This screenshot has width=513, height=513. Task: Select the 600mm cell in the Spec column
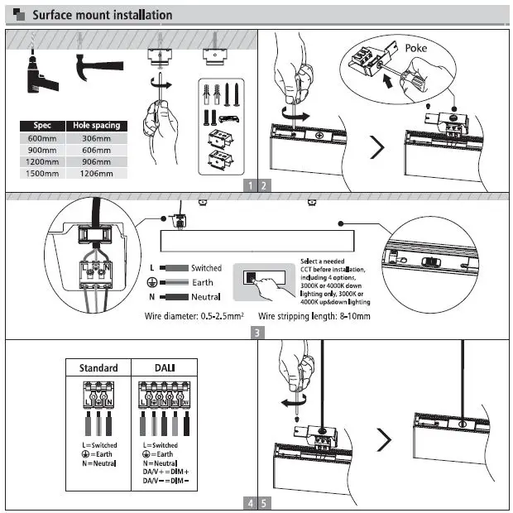(x=41, y=138)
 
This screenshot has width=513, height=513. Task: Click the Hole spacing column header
(x=97, y=126)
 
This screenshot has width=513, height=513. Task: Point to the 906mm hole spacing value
(x=97, y=162)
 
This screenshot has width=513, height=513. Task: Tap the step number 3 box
(x=257, y=333)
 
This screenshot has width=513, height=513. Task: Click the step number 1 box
(x=249, y=185)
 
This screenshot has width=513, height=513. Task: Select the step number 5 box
(x=264, y=502)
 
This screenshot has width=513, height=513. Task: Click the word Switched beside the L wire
(x=206, y=268)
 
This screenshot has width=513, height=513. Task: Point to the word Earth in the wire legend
(x=202, y=282)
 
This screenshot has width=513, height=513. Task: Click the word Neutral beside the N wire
(x=205, y=296)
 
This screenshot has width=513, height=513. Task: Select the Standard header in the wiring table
(x=98, y=368)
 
